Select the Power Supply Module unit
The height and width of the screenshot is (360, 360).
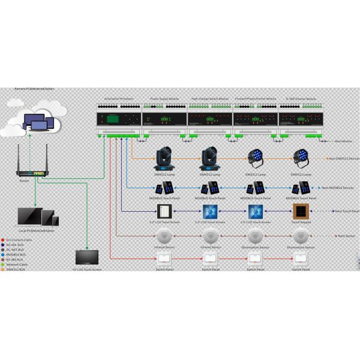coord(164,117)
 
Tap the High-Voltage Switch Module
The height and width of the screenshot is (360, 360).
coord(210,117)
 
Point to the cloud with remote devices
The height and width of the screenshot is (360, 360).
coord(35,121)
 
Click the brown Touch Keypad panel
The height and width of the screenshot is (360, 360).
coord(301,211)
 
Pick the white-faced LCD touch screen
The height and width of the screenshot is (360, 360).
coord(164,211)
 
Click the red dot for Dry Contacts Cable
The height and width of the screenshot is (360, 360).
coord(4,240)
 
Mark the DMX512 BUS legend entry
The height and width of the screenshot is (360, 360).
coord(17,269)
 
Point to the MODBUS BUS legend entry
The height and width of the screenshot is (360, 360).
coord(17,254)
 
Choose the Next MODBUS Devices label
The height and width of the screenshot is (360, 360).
coord(341,188)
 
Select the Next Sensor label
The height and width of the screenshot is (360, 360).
coord(346,236)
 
